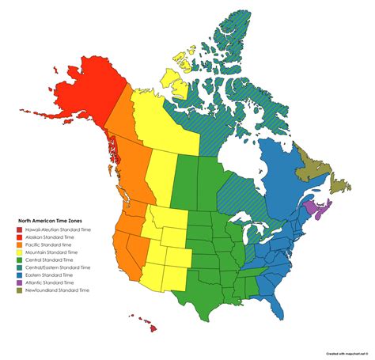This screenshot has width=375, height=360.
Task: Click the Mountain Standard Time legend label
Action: pyautogui.click(x=54, y=252)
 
